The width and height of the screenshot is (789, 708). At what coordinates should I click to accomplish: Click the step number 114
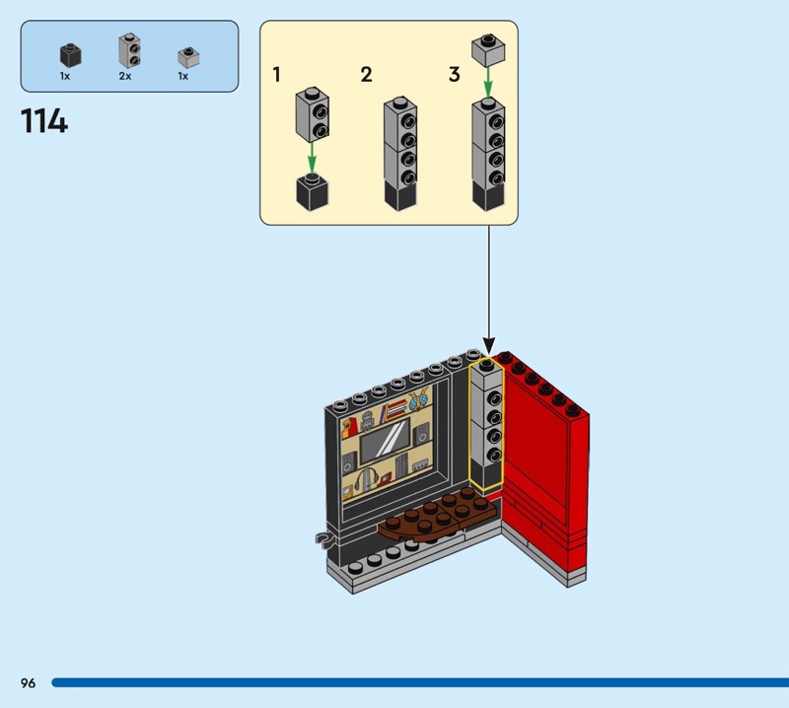(x=43, y=121)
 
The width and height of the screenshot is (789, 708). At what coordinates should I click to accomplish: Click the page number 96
(x=28, y=682)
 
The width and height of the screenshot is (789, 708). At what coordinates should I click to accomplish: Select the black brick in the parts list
(x=68, y=55)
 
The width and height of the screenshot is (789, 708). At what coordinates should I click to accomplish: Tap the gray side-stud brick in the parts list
(x=127, y=51)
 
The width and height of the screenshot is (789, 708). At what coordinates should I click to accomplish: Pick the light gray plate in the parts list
(x=185, y=56)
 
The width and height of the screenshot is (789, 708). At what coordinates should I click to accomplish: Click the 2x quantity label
(x=125, y=76)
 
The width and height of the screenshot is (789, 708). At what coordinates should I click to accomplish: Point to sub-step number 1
(x=277, y=74)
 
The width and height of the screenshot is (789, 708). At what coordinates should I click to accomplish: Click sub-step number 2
(x=366, y=74)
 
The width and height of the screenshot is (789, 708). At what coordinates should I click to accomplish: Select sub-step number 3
(x=455, y=74)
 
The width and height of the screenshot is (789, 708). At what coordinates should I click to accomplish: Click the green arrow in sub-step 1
(x=312, y=156)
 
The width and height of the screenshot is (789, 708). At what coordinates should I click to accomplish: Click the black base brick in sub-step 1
(x=312, y=189)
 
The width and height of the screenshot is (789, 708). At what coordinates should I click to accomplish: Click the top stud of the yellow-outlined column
(x=487, y=364)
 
